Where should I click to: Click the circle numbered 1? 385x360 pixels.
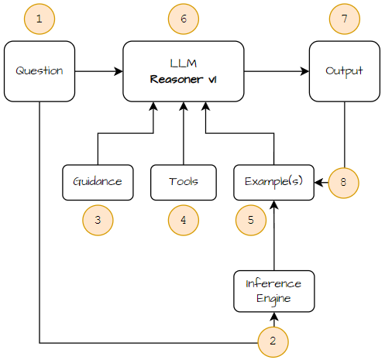[x=40, y=19]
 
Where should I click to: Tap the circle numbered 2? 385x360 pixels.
[x=273, y=341]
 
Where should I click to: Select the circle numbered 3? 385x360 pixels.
[x=98, y=220]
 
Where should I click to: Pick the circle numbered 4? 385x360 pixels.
[x=184, y=220]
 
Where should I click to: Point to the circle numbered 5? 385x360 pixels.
[x=251, y=220]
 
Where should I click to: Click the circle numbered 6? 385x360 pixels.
[x=184, y=19]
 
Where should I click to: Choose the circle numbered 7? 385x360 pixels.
[x=345, y=19]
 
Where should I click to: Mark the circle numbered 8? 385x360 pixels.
[x=343, y=183]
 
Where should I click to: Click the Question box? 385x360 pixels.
[x=40, y=71]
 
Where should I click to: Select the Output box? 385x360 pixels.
[x=345, y=71]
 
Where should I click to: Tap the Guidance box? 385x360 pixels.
[x=98, y=183]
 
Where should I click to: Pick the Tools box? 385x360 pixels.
[x=184, y=183]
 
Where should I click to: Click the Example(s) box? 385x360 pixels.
[x=273, y=183]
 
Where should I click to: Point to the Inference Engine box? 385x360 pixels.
[x=274, y=291]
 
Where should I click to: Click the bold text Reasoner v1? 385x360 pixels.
[x=183, y=79]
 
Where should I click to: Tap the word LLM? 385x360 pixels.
[x=184, y=63]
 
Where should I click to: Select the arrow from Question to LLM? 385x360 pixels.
[x=99, y=71]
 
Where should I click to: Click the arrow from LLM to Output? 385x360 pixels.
[x=277, y=71]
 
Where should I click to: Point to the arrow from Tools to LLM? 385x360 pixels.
[x=184, y=133]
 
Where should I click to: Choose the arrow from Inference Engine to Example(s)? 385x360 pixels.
[x=274, y=235]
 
